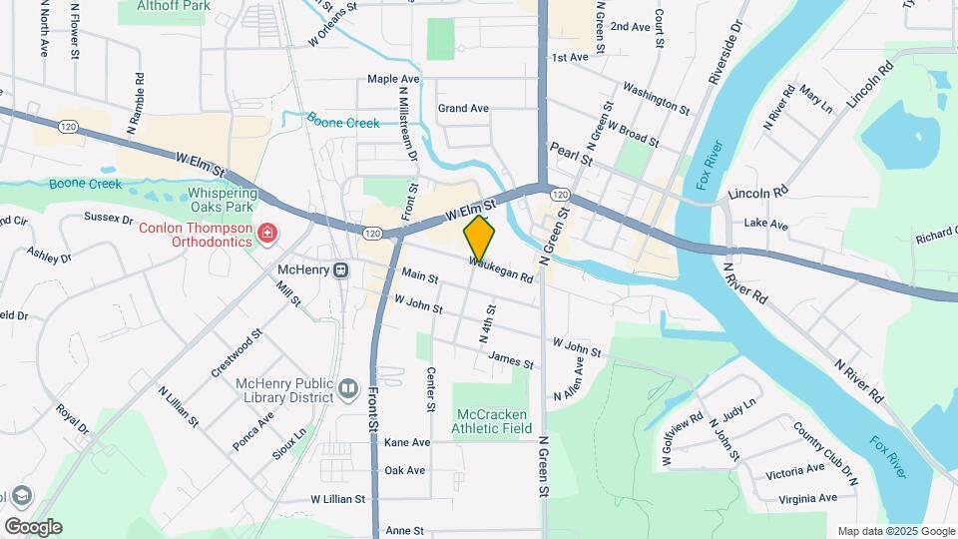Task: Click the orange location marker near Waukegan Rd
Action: point(479,238)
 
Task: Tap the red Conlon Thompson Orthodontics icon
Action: point(267,234)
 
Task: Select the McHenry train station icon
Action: point(341,269)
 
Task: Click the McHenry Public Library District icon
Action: point(347,387)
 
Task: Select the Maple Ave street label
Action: point(393,79)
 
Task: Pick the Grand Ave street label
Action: point(463,108)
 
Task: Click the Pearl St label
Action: point(571,153)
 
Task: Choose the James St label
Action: point(511,360)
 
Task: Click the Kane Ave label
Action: point(407,442)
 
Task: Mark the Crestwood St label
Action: point(236,353)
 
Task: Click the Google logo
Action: point(33,527)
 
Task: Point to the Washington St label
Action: point(656,98)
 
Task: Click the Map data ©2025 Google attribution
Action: point(895,531)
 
